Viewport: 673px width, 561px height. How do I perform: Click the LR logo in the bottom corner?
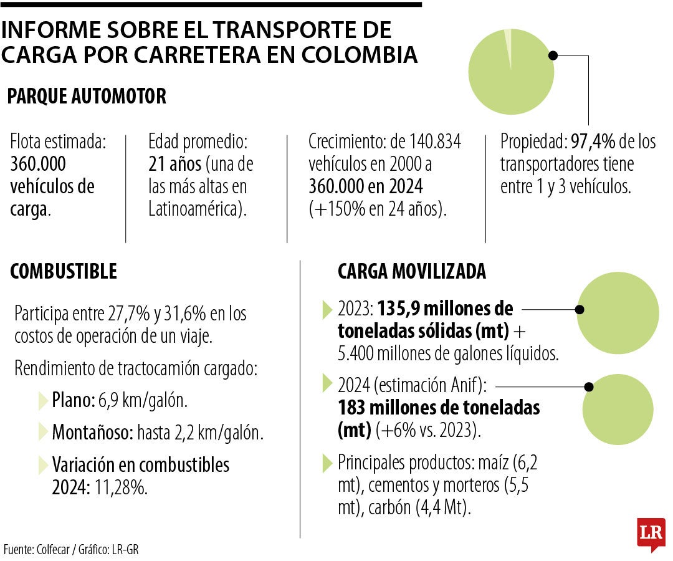(651, 534)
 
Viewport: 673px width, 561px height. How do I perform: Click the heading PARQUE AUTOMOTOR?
(87, 97)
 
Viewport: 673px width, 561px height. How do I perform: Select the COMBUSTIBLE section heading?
(64, 271)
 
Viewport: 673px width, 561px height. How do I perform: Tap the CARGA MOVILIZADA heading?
(411, 271)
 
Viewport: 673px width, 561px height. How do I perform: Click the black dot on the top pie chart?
(553, 55)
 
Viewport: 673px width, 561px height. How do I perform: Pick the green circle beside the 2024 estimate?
(620, 408)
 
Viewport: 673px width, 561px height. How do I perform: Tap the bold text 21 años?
(174, 165)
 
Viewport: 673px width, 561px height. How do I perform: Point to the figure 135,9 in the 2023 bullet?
(396, 309)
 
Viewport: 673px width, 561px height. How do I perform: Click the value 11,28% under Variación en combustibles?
(121, 487)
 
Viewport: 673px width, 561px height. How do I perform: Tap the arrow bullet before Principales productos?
(327, 463)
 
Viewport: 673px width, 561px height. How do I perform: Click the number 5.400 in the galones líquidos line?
(356, 353)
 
